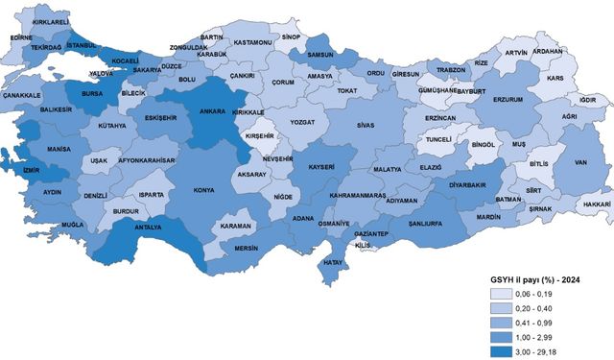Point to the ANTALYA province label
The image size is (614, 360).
tap(147, 228)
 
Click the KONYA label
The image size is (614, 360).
tap(204, 190)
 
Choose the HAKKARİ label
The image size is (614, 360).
tap(596, 204)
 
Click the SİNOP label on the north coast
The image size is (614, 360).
tap(292, 36)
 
